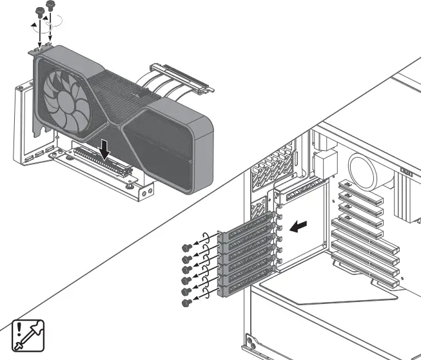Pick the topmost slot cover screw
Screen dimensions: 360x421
coord(186,247)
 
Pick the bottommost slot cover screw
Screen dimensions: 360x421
coord(186,302)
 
